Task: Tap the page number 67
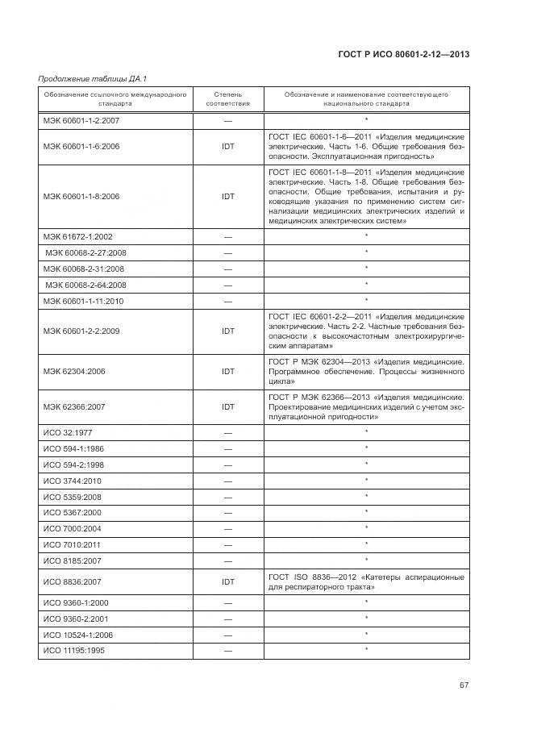pos(464,685)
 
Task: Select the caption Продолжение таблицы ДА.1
pos(85,78)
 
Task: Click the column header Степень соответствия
pos(228,99)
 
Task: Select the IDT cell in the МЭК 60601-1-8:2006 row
pos(228,196)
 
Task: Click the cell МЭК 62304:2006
pos(74,372)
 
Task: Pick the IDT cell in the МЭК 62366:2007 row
pos(228,407)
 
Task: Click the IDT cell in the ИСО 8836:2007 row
pos(228,581)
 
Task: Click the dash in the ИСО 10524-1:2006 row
pos(228,635)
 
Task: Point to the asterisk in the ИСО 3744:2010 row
pos(366,480)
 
